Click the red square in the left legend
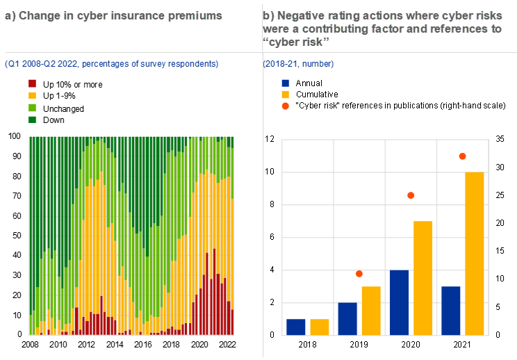click(32, 83)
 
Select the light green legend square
click(32, 108)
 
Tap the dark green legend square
click(32, 120)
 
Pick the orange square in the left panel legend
click(32, 95)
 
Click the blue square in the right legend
click(286, 83)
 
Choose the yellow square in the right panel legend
click(286, 95)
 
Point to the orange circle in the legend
click(286, 106)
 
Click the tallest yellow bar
click(475, 254)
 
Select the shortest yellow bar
click(320, 327)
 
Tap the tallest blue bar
click(400, 302)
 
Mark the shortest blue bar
click(296, 327)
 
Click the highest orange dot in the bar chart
click(463, 156)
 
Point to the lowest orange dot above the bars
click(359, 274)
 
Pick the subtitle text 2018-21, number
click(299, 64)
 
